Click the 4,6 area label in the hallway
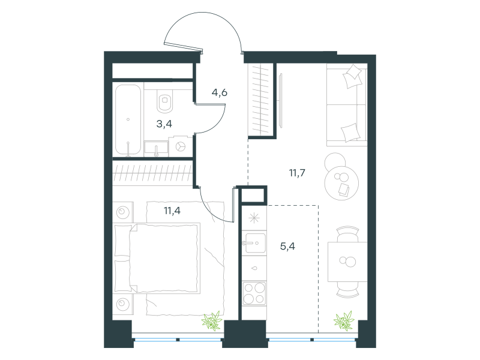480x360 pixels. [220, 92]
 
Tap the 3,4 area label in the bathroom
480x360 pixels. [164, 124]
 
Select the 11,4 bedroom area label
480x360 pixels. [172, 211]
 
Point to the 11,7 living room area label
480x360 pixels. [297, 173]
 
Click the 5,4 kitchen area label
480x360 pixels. [287, 246]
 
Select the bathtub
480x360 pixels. [128, 119]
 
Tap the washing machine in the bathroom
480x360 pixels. [181, 146]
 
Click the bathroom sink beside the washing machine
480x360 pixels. [156, 149]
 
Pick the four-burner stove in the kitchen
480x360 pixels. [254, 293]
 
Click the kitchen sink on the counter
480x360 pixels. [254, 244]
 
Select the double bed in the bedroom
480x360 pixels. [157, 258]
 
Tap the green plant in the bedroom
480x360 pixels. [212, 321]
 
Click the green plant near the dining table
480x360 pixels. [344, 321]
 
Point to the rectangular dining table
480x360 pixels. [347, 262]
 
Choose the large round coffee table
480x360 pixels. [341, 184]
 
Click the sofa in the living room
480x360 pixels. [347, 105]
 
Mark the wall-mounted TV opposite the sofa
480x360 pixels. [280, 101]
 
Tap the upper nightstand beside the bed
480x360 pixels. [123, 212]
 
